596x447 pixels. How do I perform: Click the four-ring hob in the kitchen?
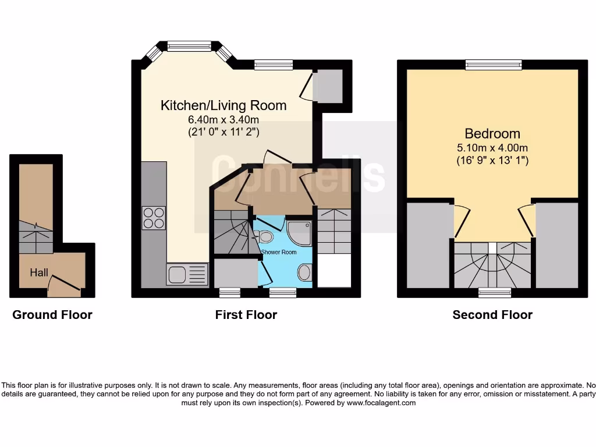(154, 218)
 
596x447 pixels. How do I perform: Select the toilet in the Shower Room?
(266, 236)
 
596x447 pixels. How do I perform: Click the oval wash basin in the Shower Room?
(304, 272)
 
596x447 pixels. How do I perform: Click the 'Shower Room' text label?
(279, 252)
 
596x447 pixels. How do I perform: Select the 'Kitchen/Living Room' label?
(223, 105)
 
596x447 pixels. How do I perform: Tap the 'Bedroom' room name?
(492, 133)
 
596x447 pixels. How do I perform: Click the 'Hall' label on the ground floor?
(39, 272)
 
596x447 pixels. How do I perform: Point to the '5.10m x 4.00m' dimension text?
(492, 147)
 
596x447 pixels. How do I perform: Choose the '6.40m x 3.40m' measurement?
(223, 120)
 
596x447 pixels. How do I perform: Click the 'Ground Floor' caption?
(52, 315)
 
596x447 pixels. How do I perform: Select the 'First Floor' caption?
(246, 315)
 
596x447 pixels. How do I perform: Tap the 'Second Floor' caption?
(492, 315)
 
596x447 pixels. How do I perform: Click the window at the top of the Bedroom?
(493, 65)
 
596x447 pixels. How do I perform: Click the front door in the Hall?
(63, 283)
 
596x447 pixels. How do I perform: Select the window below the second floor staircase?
(495, 292)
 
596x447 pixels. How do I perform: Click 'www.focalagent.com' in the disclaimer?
(381, 403)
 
